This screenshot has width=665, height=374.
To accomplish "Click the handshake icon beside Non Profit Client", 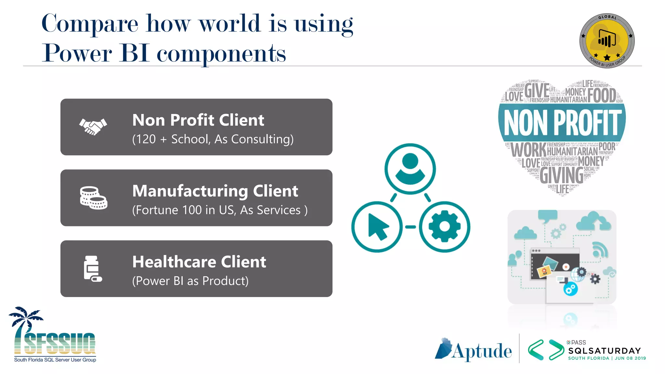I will point(93,127).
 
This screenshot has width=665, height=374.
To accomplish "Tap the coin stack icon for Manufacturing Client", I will point(94,198).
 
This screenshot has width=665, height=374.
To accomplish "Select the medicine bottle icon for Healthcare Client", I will point(93,268).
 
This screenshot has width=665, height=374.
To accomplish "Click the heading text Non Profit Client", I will point(198,120).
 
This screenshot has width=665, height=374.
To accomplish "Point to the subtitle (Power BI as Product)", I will point(190,281).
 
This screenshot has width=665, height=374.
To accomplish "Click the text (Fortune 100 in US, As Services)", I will point(220,210).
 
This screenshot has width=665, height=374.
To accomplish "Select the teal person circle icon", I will point(410,169).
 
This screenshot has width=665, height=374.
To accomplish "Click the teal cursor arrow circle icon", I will point(377,227).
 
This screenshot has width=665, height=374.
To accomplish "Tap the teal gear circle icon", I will point(445,227).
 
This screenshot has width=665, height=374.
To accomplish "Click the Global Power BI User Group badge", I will point(607,41).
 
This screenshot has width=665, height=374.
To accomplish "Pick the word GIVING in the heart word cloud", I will point(561,175).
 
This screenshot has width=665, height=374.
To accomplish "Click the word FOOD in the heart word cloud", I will point(601,95).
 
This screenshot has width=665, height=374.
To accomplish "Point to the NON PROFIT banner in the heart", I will point(562,122).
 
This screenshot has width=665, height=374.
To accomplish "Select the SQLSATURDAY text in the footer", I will point(605,351).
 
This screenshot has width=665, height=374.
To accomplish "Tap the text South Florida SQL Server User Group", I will point(55,360).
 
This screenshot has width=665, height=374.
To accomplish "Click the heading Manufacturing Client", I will point(215,191).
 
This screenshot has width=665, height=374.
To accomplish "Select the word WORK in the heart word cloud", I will point(528,150).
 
